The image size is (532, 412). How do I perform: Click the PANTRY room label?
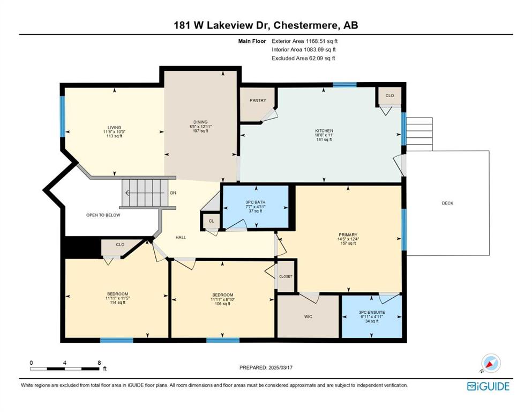click(x=258, y=100)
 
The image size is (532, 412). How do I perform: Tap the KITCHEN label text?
click(x=324, y=131)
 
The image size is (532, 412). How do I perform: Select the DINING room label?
click(x=200, y=122)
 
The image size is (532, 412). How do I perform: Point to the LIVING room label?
click(x=114, y=127)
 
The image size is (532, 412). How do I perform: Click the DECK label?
click(x=447, y=203)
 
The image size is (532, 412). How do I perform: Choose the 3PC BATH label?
click(x=256, y=202)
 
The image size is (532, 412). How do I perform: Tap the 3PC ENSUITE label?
click(x=372, y=312)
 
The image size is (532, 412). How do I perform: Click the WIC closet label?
click(x=308, y=317)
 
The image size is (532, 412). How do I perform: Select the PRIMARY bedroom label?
click(x=348, y=235)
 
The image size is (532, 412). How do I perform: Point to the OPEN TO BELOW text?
click(x=103, y=215)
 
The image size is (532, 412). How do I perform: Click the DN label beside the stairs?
click(x=173, y=193)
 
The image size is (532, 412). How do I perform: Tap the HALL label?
click(x=181, y=238)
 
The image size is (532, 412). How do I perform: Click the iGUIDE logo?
click(x=488, y=386)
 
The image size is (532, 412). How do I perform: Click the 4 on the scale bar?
click(x=64, y=363)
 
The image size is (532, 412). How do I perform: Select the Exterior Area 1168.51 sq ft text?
click(x=305, y=41)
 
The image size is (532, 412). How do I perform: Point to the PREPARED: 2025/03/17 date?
click(x=266, y=367)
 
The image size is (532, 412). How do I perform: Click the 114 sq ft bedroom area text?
click(x=118, y=303)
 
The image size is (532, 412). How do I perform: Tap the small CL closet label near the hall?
click(x=212, y=221)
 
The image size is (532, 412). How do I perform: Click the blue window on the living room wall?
click(x=63, y=116)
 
